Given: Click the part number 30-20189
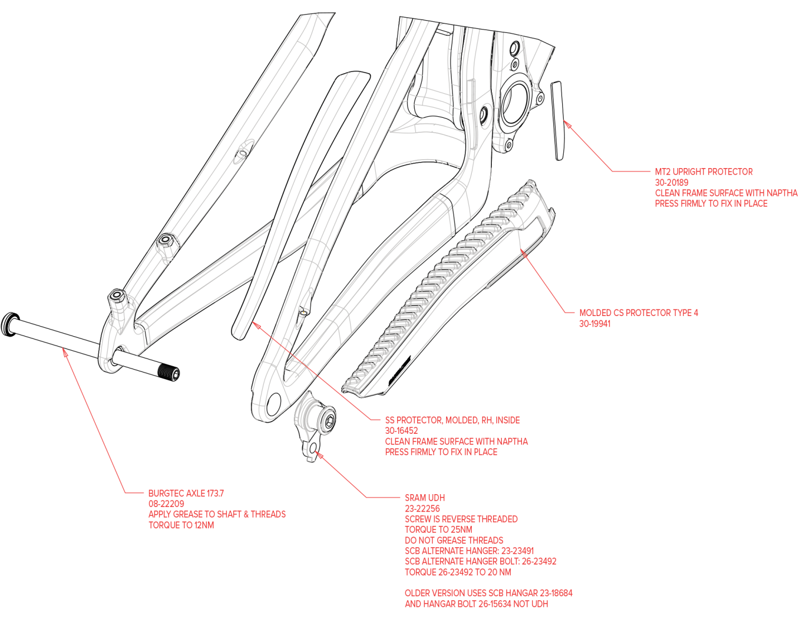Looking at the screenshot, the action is coord(671,183).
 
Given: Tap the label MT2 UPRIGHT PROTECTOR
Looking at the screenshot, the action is coord(704,171).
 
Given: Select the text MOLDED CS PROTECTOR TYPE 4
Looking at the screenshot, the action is coord(638,313).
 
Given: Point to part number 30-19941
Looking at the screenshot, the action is coord(594,324).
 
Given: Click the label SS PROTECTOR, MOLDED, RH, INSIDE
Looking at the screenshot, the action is coord(452,420).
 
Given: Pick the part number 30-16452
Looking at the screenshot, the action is coord(401,430).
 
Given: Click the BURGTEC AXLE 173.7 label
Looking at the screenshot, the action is coord(186,493).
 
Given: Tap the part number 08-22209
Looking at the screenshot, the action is coord(166,504).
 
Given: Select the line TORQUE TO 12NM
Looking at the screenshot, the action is coord(181,525).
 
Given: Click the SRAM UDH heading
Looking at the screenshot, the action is coord(424,497).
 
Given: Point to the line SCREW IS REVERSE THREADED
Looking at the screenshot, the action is coord(461,519).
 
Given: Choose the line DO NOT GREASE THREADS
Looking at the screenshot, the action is coord(454,540).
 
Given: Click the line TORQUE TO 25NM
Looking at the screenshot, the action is coord(438,529).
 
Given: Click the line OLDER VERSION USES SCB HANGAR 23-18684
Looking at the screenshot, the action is coord(488,593).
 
